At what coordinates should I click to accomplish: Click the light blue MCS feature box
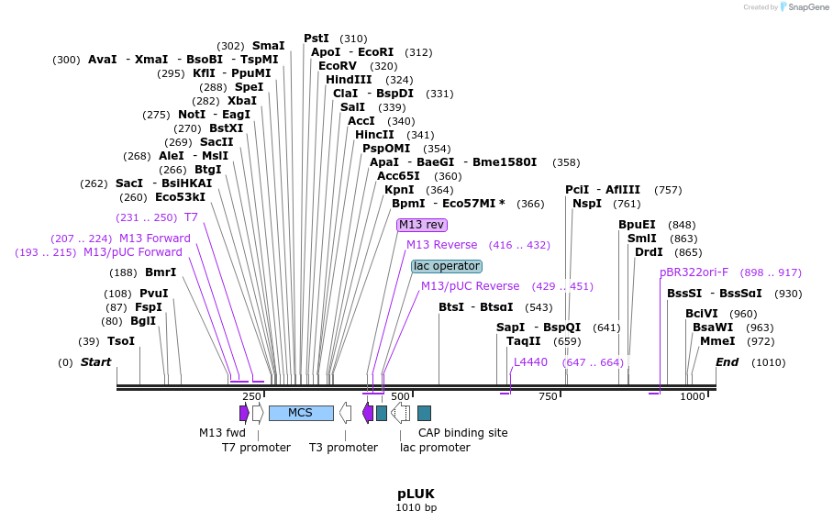point(301,413)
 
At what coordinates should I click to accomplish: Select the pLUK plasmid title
point(416,493)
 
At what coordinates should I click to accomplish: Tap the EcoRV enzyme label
point(338,66)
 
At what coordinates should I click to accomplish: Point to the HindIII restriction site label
point(349,80)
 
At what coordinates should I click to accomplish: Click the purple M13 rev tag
point(421,225)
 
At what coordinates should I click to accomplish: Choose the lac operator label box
point(446,266)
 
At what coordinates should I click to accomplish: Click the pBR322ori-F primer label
point(694,272)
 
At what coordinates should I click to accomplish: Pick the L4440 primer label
point(530,362)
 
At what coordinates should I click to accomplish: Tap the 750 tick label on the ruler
point(548,396)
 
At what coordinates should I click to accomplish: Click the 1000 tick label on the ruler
point(693,396)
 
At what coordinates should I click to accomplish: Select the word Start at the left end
point(95,362)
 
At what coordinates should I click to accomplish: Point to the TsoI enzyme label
point(121,341)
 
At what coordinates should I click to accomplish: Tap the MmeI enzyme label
point(717,341)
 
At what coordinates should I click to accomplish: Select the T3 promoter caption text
point(343,448)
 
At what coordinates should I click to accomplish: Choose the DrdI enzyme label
point(649,252)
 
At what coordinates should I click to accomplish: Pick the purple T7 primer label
point(191,217)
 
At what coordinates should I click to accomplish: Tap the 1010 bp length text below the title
point(416,507)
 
